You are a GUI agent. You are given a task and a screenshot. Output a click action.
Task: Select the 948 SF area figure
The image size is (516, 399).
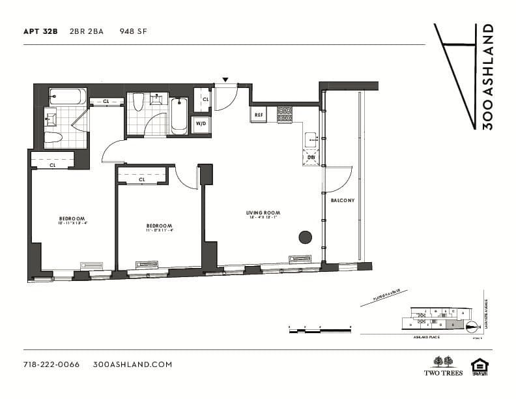click(133, 31)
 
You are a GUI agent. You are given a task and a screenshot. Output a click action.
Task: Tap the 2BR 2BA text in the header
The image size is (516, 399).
click(87, 31)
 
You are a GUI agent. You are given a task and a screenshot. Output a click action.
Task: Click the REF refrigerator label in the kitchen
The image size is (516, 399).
click(259, 115)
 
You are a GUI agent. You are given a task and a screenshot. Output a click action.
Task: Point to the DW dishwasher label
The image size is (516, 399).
click(311, 157)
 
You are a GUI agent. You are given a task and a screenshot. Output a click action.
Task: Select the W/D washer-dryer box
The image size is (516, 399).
click(201, 124)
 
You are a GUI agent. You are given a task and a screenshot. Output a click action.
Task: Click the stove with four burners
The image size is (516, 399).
click(285, 114)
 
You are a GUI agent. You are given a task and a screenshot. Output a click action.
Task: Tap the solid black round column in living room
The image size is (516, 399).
click(305, 237)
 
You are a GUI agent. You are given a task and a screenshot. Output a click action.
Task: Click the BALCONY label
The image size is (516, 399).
click(342, 200)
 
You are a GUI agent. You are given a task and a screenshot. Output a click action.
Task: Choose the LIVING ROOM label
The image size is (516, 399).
click(263, 213)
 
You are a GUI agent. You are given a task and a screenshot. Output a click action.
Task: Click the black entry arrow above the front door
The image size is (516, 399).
click(225, 80)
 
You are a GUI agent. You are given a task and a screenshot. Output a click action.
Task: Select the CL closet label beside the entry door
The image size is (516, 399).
click(205, 99)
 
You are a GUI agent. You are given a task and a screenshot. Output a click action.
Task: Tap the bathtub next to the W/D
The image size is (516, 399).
click(179, 116)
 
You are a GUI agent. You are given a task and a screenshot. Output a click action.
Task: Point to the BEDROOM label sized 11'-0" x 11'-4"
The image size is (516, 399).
click(159, 226)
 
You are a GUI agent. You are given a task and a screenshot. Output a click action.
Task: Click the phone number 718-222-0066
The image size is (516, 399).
click(51, 364)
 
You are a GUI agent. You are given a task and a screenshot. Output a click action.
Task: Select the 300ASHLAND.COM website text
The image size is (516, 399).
click(132, 364)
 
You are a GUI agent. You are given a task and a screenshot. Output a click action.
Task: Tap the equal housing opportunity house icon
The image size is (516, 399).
click(480, 366)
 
